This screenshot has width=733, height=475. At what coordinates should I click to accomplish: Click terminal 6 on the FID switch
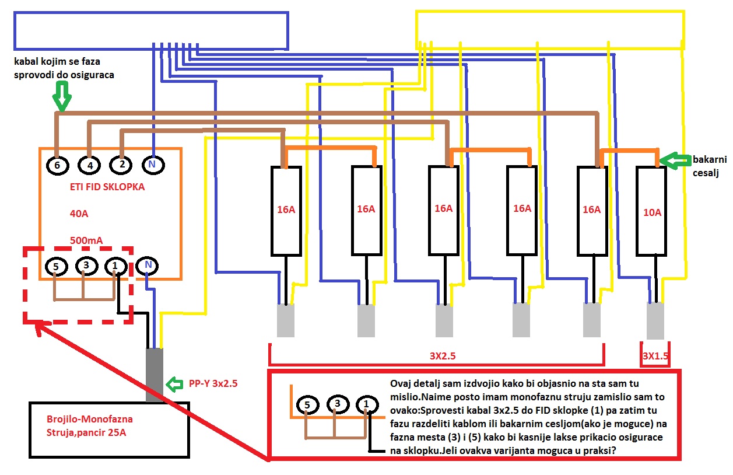(57, 165)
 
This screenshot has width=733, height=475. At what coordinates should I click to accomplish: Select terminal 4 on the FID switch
(89, 165)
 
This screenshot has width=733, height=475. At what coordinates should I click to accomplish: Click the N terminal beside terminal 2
(152, 165)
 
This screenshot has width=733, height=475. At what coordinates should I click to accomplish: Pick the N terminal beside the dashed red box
(148, 266)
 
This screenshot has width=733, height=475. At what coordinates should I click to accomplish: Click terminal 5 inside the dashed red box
(55, 267)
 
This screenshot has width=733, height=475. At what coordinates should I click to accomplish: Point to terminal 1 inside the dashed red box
(115, 267)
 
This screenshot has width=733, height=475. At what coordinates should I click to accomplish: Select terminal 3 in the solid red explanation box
(337, 404)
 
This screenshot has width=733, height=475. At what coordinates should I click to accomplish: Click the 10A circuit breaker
(651, 211)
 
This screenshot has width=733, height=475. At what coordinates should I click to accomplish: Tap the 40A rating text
(79, 214)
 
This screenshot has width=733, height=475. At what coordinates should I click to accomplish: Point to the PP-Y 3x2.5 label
(213, 383)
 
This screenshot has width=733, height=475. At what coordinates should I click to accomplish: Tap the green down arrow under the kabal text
(61, 96)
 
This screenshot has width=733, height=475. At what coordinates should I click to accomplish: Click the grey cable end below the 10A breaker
(655, 322)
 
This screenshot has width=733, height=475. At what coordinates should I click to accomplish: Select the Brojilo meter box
(110, 429)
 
